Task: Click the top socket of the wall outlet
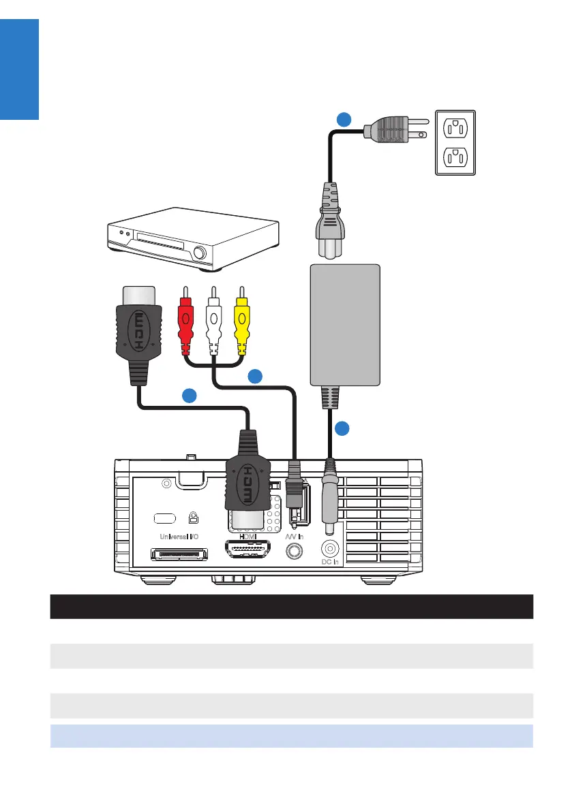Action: [454, 127]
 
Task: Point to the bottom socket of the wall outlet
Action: [454, 158]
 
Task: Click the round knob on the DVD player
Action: [200, 253]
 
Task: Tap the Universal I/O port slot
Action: [179, 554]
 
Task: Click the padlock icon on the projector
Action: [194, 518]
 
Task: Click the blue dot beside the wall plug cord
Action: [345, 120]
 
